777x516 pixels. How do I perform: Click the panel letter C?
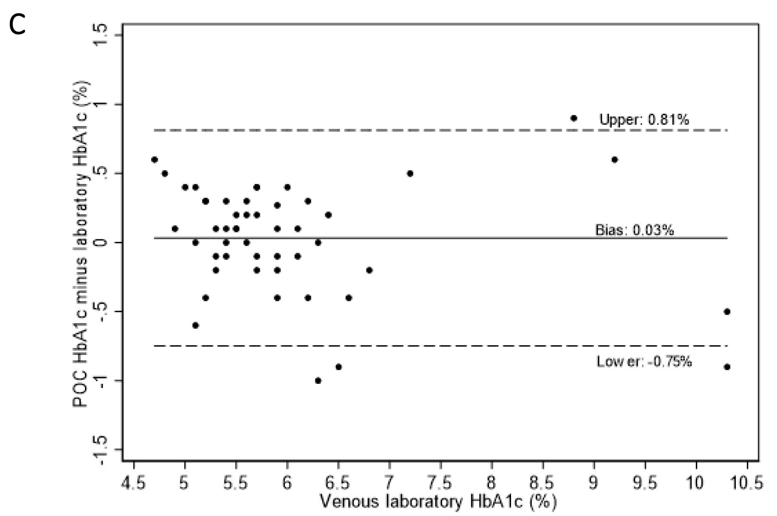pos(17,25)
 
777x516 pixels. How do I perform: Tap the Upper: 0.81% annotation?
pos(644,119)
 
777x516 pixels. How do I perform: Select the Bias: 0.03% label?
pos(634,230)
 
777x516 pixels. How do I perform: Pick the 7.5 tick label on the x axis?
pos(441,482)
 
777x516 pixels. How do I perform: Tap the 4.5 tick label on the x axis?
pos(133,482)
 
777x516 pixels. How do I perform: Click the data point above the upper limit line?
pos(574,118)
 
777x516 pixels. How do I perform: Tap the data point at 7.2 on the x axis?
pos(410,173)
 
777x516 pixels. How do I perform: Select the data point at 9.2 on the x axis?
pos(615,160)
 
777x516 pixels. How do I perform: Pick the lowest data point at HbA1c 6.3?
pos(318,381)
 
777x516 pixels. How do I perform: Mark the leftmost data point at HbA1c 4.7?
pos(154,160)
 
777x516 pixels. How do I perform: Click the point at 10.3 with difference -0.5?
pos(727,312)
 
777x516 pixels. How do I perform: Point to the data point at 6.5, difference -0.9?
pos(339,367)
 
